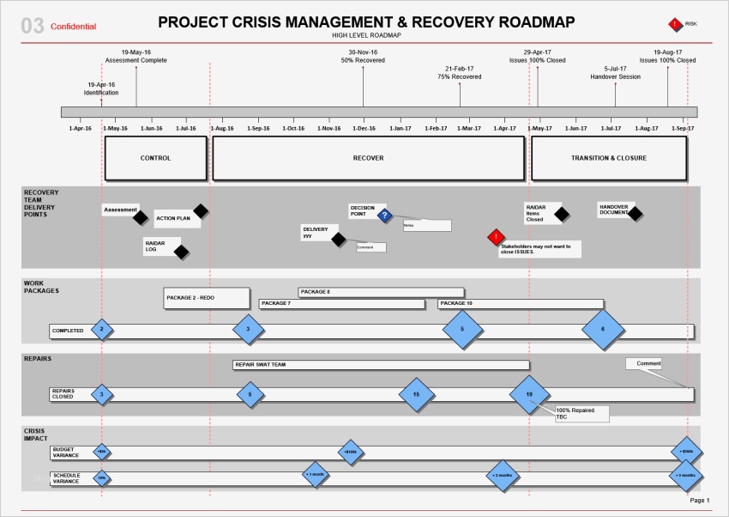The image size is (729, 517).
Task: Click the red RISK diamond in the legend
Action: point(676,24)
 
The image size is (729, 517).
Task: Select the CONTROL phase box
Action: point(155,158)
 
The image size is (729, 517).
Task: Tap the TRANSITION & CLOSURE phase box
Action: point(609,158)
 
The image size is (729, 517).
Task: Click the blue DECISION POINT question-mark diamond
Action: point(385,216)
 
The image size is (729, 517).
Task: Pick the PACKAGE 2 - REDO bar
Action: point(207,298)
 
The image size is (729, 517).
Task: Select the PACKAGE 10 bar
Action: point(520,303)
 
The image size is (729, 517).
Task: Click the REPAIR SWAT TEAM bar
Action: point(380,365)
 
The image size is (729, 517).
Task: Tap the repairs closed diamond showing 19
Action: point(529,394)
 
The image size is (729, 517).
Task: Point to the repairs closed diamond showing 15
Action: point(416,394)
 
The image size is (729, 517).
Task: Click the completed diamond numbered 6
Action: point(602,330)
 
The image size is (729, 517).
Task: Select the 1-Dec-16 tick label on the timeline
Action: point(364,129)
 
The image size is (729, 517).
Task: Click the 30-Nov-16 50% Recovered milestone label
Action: point(363,57)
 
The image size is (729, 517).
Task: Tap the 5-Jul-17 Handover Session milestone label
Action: point(615,73)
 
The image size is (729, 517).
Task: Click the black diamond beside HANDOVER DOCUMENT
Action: point(635,213)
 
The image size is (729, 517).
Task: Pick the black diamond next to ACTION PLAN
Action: point(200,210)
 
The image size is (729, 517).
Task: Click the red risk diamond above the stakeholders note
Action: point(495,236)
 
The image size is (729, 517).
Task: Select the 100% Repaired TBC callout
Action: point(581,414)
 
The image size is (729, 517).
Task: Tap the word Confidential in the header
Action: point(73,27)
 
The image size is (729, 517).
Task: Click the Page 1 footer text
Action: point(700,500)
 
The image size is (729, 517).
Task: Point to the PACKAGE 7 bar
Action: point(341,303)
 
